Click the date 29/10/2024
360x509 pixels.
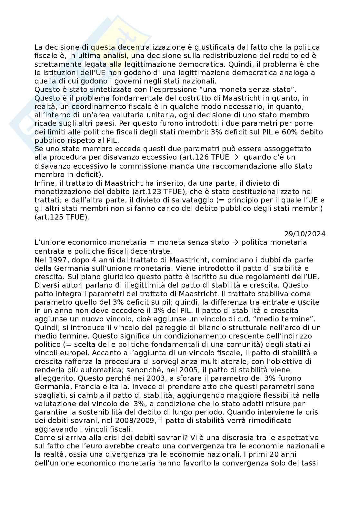coord(305,234)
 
